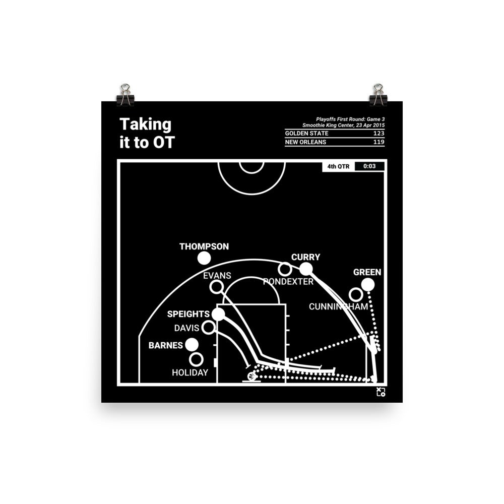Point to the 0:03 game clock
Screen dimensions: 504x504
point(369,166)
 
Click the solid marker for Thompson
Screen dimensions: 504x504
point(204,259)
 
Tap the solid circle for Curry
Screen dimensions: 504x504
point(306,269)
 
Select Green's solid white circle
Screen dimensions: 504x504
point(368,285)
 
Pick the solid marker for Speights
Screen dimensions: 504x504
point(218,314)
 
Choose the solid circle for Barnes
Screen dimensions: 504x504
point(192,345)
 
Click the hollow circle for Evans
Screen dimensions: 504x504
point(217,287)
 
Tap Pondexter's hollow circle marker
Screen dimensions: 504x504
point(285,270)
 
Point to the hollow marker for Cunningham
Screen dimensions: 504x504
point(355,294)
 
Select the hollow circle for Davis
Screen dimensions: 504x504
point(208,328)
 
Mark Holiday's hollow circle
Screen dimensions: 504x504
point(196,359)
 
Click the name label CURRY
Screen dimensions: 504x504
point(305,257)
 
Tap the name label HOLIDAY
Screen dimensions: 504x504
point(190,372)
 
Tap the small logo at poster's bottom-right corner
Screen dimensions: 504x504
point(381,392)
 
